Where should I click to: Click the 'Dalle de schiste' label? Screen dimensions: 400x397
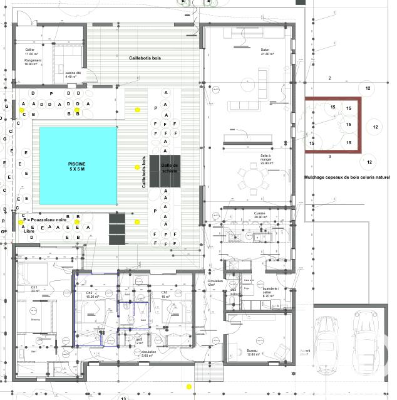tap(170, 167)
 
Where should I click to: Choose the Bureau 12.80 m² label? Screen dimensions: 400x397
tap(253, 352)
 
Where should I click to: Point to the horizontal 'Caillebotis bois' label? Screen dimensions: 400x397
tap(145, 58)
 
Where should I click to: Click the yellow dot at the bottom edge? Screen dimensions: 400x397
tap(188, 386)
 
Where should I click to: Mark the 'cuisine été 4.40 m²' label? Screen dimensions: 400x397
tap(74, 75)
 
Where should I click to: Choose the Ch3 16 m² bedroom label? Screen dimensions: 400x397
tap(165, 294)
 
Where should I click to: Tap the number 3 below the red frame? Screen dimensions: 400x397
tap(329, 155)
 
